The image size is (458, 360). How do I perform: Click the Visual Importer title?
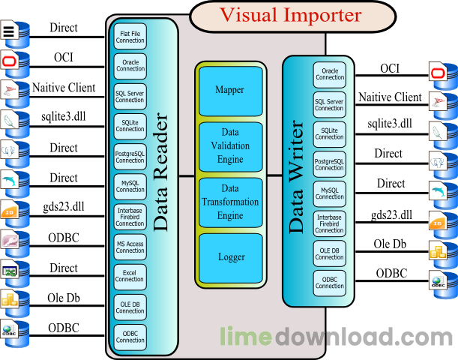coord(290,15)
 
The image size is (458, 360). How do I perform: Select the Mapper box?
coord(230,90)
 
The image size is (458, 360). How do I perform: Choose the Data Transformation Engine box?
coord(230,202)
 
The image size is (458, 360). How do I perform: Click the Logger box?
coord(230,256)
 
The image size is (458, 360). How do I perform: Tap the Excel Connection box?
coord(130,275)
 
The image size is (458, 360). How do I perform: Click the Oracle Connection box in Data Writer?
coord(329,73)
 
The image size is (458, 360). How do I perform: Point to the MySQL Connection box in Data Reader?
coord(130,186)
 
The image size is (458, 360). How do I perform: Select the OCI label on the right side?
coord(389,69)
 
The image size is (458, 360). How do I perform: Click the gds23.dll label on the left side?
coord(59,207)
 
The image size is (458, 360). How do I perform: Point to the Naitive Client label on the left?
coord(64,88)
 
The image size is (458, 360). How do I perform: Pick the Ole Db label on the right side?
coord(389,244)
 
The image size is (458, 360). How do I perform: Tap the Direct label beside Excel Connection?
coord(64,268)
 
